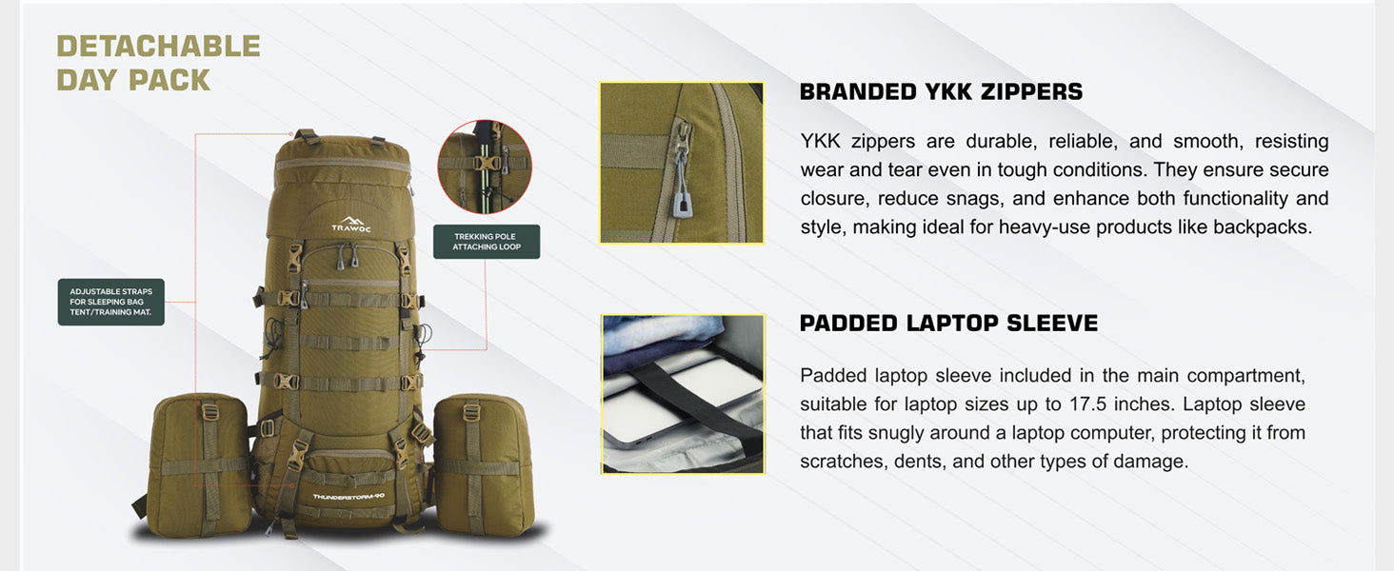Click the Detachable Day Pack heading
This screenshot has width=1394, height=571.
pos(158,64)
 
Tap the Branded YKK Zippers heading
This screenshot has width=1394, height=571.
pos(941,92)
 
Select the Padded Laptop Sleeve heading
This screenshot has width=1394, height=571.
pos(948,324)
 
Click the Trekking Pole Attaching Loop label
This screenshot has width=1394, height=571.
pos(487,242)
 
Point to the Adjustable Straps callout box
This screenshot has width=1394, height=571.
pos(110,302)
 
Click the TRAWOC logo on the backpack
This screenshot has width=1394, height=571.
pos(351,225)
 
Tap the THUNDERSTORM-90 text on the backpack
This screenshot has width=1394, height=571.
pos(348,497)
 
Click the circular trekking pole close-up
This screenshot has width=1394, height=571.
pos(484,167)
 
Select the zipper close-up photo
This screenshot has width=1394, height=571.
pos(682,163)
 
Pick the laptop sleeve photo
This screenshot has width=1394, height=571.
pos(683,394)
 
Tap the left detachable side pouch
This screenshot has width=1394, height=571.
pos(198,465)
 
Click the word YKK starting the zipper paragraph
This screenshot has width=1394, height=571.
pos(820,141)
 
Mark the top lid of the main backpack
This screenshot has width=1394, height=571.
pos(343,161)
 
